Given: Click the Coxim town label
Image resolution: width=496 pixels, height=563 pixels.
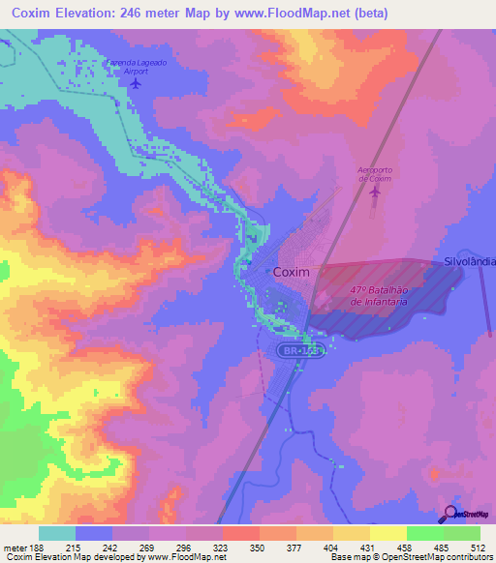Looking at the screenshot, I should click(x=292, y=273).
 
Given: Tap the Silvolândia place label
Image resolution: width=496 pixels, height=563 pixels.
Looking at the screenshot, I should click(x=469, y=262).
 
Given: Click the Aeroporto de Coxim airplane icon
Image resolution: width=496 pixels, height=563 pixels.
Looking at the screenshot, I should click(x=374, y=193).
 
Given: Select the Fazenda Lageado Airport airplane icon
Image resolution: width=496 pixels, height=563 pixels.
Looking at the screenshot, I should click(x=135, y=81).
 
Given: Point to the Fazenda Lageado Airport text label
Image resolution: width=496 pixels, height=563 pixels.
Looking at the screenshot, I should click(x=135, y=65).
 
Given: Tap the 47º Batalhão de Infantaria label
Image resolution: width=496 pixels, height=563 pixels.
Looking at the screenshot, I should click(x=378, y=296).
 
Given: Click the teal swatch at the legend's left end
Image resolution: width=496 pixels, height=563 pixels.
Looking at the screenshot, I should click(x=57, y=533).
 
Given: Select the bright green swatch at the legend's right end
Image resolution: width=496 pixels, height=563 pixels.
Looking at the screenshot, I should click(x=462, y=533).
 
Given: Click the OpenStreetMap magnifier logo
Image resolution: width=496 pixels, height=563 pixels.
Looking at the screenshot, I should click(x=449, y=514).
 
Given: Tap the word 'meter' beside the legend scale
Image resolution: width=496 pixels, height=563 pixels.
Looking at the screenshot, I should click(x=14, y=548).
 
